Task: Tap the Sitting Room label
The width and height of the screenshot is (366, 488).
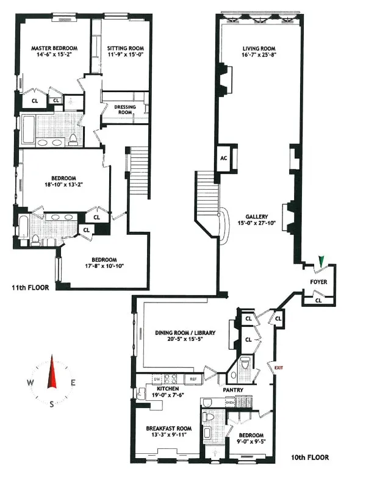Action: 124,48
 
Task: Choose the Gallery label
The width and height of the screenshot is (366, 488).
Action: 257,217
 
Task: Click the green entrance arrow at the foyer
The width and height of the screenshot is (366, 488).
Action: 321,261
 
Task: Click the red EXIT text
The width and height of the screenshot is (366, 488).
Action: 279,368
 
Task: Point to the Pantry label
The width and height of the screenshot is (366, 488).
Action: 233,390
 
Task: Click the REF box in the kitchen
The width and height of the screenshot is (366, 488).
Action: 193,379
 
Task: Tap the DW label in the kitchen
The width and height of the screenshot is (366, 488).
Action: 156,378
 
